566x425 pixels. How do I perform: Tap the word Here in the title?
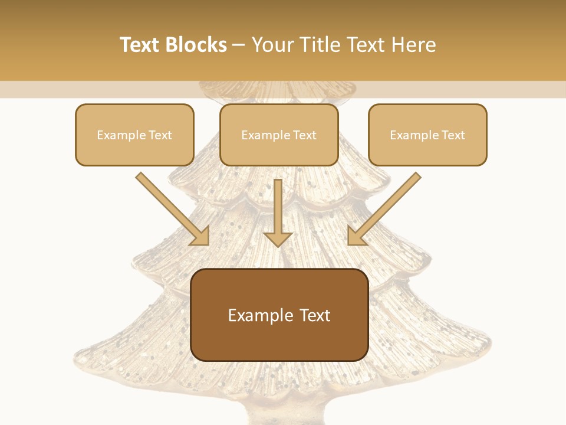point(413,45)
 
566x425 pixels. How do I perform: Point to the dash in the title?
point(239,45)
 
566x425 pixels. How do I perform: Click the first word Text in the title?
point(140,45)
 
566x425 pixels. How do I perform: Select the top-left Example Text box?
point(134,135)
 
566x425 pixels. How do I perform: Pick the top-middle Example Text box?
point(279,135)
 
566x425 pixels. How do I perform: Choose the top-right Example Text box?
point(427,135)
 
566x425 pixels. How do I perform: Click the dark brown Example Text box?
point(279,315)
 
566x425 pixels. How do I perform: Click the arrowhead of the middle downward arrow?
point(278,238)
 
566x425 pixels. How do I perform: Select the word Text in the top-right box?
point(453,135)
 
